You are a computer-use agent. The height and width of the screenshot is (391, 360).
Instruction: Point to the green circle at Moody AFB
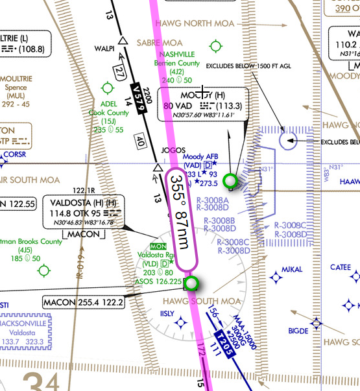pyautogui.click(x=229, y=180)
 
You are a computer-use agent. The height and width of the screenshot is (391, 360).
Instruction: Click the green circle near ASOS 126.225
pyautogui.click(x=191, y=283)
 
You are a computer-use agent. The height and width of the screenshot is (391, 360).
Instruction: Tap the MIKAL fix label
pyautogui.click(x=292, y=268)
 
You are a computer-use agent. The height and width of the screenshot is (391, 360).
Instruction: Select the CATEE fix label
pyautogui.click(x=341, y=267)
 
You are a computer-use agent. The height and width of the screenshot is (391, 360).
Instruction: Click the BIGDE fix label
pyautogui.click(x=298, y=331)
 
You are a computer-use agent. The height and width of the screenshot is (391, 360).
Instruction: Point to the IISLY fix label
pyautogui.click(x=167, y=313)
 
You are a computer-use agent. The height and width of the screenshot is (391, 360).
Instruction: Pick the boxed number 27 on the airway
pyautogui.click(x=119, y=71)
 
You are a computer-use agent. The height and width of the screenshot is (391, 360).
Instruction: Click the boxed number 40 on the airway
pyautogui.click(x=140, y=141)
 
